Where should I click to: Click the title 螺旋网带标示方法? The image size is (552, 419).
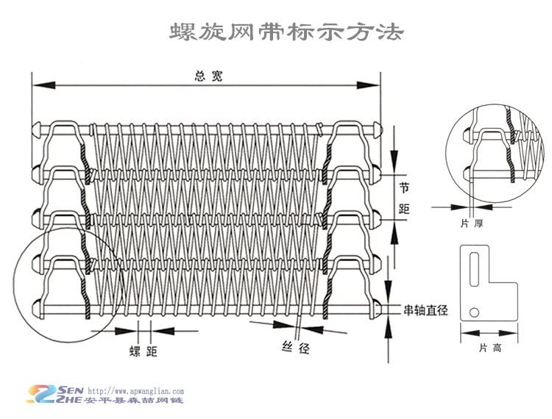point(286,32)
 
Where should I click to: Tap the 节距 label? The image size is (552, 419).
point(403,198)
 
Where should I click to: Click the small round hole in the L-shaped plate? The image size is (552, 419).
point(475,311)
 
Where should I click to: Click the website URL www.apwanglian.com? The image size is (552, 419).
point(136,392)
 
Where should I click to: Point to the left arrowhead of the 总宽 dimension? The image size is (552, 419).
point(35,87)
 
